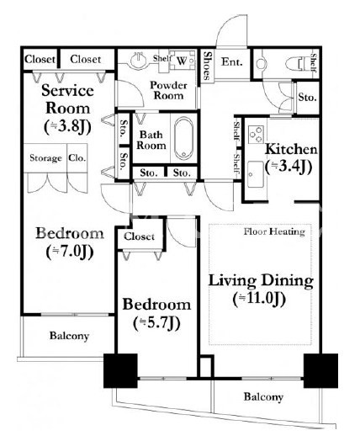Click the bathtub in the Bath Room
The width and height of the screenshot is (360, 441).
point(183,138)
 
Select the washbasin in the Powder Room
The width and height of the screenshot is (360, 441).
point(139,60)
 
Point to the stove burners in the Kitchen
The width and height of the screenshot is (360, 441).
point(256,135)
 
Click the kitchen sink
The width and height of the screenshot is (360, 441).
point(256,174)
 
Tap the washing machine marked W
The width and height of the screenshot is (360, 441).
point(183,60)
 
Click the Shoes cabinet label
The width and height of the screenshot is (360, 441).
point(207,66)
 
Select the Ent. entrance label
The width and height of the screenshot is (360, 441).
point(232,62)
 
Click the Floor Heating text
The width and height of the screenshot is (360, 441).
point(274,231)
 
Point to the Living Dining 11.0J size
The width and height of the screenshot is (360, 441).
point(259,299)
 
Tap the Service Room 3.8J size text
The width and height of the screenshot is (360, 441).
point(67,127)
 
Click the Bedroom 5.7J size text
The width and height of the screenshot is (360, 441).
point(156,323)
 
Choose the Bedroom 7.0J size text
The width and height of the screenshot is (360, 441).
point(70,252)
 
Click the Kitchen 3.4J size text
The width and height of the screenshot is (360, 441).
point(289,167)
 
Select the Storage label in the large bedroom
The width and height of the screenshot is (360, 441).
point(45,158)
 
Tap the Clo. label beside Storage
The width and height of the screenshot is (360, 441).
point(77,157)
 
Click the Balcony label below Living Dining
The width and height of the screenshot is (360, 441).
point(263,397)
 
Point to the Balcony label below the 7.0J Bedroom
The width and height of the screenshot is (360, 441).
point(69,336)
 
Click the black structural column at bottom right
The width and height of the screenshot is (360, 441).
point(320,370)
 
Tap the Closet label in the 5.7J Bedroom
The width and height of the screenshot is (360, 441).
point(139,236)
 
